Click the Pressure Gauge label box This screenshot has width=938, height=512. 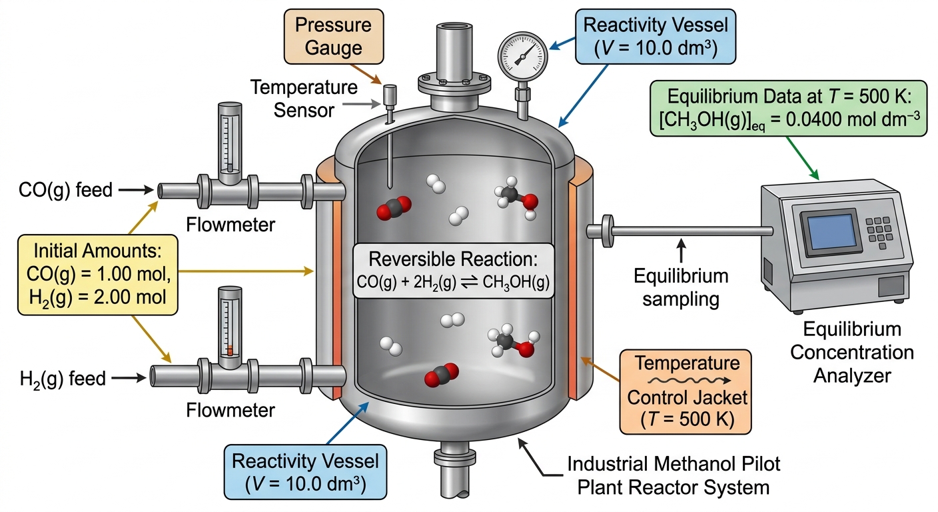point(334,37)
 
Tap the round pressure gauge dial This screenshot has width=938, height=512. point(522,57)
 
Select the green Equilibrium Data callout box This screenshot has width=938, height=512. point(789,109)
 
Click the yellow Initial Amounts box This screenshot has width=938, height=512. point(97,275)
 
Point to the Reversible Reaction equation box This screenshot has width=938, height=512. point(453,271)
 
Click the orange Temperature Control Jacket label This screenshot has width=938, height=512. point(686,392)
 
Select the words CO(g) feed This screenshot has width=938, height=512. point(66,190)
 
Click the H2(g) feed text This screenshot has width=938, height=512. point(63,379)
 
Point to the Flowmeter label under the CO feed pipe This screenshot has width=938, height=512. point(231,225)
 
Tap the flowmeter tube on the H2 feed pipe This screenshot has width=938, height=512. point(230,327)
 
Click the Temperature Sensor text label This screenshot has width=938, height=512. point(304,99)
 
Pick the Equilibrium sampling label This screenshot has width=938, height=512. point(681,287)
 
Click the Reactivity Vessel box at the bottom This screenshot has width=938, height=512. point(305,472)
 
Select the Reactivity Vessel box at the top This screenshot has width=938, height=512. point(656,37)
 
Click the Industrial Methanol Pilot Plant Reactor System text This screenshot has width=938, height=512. point(674,475)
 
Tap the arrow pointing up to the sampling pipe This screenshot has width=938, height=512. point(682,250)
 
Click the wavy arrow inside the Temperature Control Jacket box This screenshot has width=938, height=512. point(689,381)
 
